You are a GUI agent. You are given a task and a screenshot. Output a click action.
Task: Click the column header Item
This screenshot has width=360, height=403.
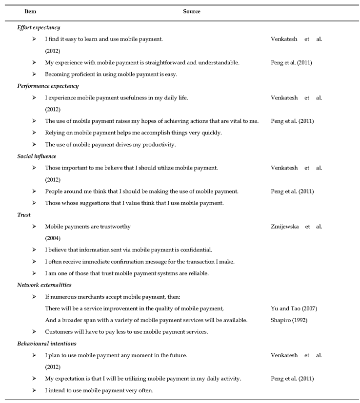30,11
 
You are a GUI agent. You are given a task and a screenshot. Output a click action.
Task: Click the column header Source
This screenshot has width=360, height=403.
192,11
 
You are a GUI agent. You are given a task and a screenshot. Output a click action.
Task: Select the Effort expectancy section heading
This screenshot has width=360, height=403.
39,27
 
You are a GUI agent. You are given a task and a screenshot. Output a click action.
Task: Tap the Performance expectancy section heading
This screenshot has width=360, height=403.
48,86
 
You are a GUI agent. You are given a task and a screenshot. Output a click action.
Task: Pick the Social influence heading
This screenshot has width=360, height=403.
37,156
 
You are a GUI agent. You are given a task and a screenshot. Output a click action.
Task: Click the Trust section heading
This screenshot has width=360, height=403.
24,215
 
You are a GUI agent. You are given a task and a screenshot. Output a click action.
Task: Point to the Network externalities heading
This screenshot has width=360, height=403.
44,285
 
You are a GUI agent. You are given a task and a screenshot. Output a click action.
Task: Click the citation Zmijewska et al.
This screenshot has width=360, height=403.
296,227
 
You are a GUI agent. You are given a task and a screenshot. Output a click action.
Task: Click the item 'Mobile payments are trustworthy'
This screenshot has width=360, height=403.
88,227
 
